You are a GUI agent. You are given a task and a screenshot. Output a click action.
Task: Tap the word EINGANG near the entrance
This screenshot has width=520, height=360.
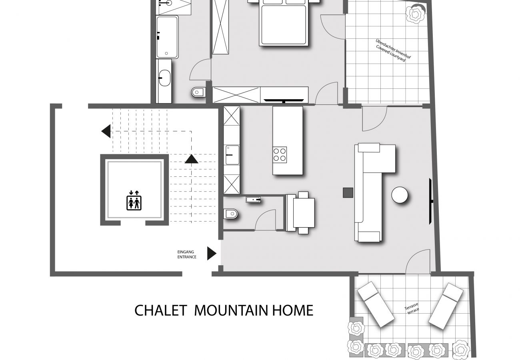[x=186, y=252]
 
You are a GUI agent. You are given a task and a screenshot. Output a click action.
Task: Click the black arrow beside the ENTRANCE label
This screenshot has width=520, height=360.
[x=212, y=254]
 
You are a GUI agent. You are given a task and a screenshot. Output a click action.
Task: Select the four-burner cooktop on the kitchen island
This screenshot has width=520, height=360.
[x=280, y=155]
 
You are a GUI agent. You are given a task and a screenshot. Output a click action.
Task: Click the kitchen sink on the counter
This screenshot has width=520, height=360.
[x=232, y=155]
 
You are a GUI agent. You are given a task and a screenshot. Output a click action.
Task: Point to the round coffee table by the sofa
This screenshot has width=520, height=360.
[x=400, y=195]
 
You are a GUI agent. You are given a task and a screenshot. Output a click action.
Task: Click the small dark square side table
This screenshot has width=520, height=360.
[x=348, y=193]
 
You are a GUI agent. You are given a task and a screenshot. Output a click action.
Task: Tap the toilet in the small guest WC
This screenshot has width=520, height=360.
[x=231, y=214]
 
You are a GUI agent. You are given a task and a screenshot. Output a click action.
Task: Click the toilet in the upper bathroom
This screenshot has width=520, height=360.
[x=198, y=92]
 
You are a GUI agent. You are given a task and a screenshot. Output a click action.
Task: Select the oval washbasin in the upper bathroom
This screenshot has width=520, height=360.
[x=164, y=78]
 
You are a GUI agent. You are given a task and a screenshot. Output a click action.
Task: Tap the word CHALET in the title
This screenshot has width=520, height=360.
[x=161, y=310]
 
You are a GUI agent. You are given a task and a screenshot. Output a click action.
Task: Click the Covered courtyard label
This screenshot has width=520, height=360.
[x=391, y=54]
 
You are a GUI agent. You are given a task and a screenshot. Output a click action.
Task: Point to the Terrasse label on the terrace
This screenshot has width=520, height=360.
[x=411, y=306]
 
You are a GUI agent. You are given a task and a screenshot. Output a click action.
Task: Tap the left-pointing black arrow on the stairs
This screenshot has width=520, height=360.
[x=106, y=131]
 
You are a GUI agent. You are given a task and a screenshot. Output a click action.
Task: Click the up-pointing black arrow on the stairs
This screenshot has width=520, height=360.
[x=192, y=159]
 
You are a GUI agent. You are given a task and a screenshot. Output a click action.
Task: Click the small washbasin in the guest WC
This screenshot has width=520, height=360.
[x=253, y=200]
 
